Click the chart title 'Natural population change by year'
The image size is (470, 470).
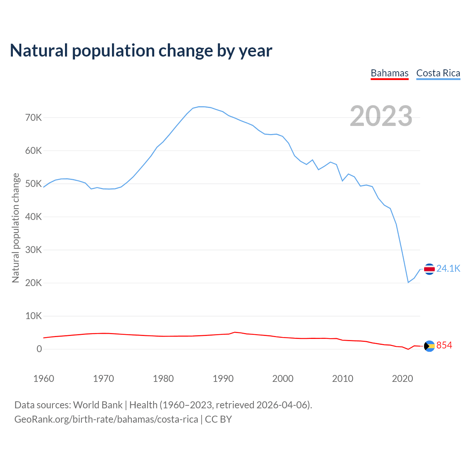(141, 51)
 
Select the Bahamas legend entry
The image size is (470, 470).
(390, 73)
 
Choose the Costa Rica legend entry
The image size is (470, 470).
(438, 73)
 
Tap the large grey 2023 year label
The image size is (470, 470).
(381, 116)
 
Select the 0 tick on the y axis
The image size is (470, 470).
(39, 349)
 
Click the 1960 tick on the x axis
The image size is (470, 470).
(44, 379)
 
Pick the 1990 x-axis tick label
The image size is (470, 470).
(223, 379)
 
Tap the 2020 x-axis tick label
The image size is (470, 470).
(402, 379)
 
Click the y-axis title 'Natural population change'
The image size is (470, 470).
(15, 228)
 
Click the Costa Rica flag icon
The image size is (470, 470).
(429, 269)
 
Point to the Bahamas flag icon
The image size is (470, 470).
(429, 346)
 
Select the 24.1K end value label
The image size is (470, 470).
(448, 269)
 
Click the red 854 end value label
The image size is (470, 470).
(444, 346)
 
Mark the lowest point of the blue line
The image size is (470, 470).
(408, 282)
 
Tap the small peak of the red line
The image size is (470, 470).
(235, 332)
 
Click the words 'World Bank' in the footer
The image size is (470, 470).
(98, 405)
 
